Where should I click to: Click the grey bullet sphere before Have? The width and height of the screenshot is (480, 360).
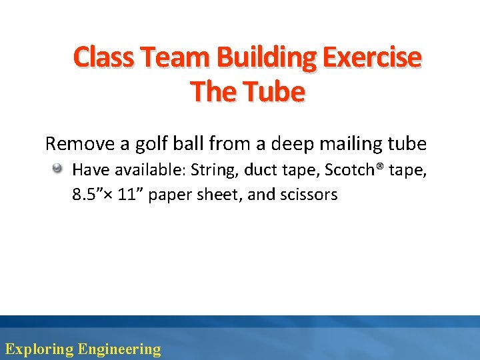(59, 169)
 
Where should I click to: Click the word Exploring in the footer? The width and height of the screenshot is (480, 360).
(39, 349)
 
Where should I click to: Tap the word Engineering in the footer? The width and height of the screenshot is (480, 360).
(119, 349)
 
